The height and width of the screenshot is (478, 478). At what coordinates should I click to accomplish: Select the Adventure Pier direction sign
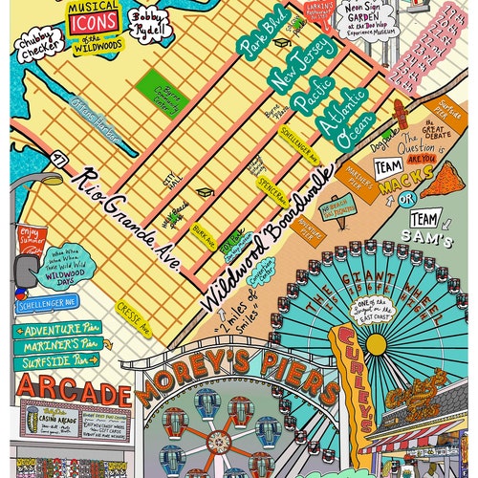[x=57, y=328]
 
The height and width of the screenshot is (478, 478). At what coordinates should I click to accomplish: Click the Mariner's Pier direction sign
[x=57, y=344]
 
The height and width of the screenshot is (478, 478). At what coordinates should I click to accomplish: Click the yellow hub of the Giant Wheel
[x=377, y=342]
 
